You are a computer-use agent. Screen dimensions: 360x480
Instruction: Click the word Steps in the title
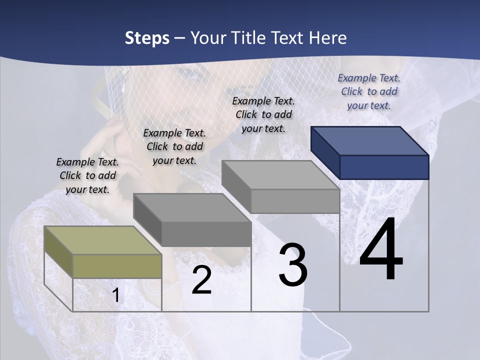point(147,38)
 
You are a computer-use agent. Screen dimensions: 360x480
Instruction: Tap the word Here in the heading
point(328,38)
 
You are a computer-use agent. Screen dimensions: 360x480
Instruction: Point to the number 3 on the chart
point(293,265)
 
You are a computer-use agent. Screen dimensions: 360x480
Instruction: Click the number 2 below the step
point(201,280)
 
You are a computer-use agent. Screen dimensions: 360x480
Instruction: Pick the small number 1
point(116,295)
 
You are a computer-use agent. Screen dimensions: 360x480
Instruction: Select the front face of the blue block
point(384,167)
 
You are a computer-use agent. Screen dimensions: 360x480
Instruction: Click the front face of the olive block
point(117,266)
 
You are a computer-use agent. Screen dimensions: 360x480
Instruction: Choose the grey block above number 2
point(192,220)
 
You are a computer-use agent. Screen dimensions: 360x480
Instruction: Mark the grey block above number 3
point(281,187)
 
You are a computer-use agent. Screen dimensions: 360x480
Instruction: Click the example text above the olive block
point(87,175)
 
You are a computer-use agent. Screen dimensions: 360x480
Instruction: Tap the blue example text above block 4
point(369,91)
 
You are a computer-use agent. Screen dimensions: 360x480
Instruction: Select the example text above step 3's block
point(263,114)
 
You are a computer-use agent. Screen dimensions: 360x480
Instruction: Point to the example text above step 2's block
point(174,146)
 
